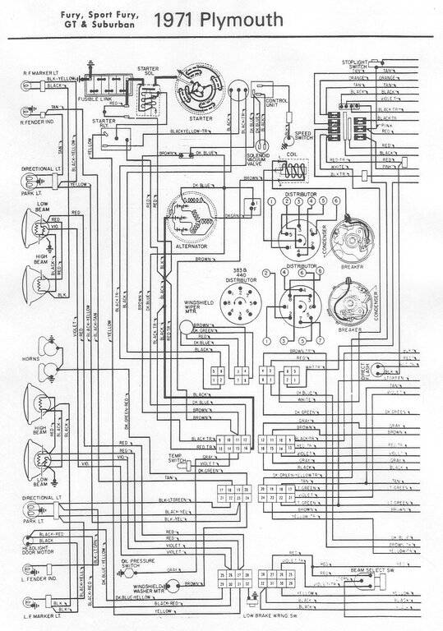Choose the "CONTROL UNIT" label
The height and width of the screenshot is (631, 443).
pos(276,101)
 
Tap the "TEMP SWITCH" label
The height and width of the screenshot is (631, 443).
pos(179,455)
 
